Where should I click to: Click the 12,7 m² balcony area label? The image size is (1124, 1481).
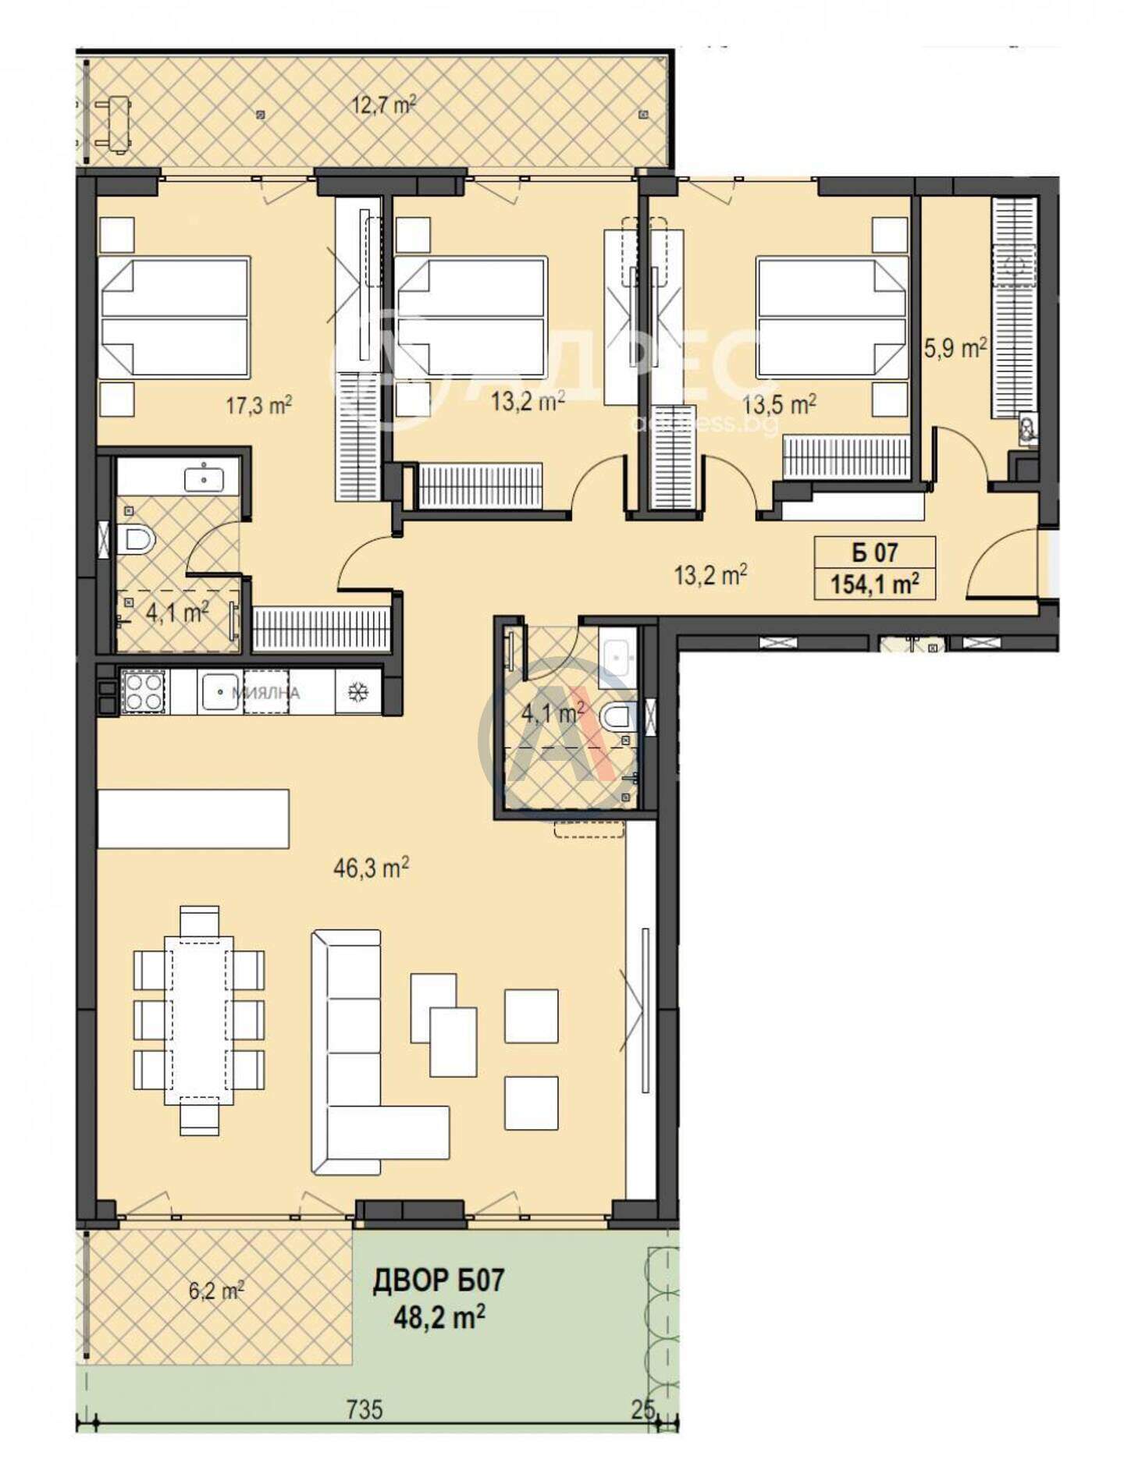click(x=382, y=104)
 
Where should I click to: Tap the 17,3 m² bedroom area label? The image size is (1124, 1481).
click(x=258, y=405)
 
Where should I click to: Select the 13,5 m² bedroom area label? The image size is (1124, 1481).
click(x=779, y=404)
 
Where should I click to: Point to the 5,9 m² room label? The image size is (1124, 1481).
click(x=955, y=347)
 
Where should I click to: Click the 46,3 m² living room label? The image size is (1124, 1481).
click(x=371, y=868)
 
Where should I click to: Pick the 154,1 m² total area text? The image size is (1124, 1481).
click(x=874, y=583)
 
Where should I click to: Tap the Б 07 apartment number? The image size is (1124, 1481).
click(x=874, y=552)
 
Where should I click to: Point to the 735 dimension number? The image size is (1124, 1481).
click(x=365, y=1409)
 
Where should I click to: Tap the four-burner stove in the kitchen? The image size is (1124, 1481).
click(x=144, y=691)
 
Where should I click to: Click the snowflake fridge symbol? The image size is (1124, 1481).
click(x=358, y=691)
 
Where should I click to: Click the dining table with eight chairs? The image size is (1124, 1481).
click(x=199, y=1020)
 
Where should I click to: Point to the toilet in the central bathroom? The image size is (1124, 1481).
click(x=621, y=716)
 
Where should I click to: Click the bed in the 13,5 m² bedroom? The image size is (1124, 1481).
click(x=832, y=318)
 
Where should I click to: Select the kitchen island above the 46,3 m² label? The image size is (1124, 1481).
click(x=193, y=819)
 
